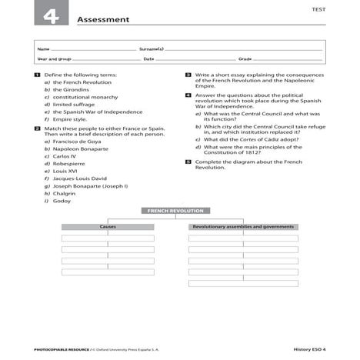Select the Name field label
tap(42, 48)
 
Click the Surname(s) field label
tap(152, 48)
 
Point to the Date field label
tap(148, 58)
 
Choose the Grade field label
tap(245, 58)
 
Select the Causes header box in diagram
tap(108, 227)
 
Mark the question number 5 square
tap(188, 162)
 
